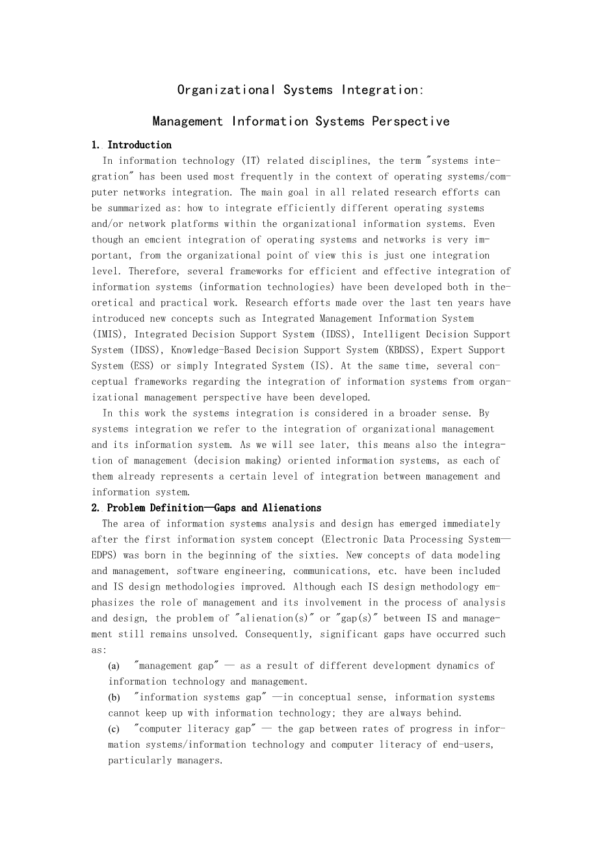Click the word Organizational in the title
[226, 90]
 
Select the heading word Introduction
[139, 145]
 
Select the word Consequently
[277, 634]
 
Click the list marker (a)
[114, 666]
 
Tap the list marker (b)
[114, 698]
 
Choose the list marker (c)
[114, 729]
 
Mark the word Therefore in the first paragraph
[152, 271]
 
